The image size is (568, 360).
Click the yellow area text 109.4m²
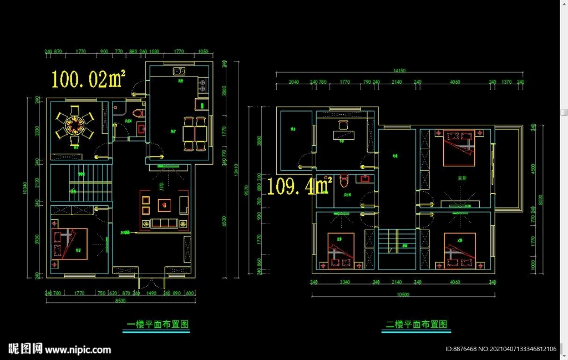300,186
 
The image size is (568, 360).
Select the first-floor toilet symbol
138,113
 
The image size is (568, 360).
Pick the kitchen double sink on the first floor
179,71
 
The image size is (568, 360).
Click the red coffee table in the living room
164,205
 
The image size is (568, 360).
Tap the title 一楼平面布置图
155,324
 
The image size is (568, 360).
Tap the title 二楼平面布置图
416,324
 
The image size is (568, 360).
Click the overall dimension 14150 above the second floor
399,71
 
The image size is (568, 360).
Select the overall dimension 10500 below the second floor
403,295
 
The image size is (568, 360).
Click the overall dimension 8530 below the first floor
120,301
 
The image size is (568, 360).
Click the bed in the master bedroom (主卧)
460,147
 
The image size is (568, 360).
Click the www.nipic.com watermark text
78,349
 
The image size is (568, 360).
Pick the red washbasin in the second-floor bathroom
366,179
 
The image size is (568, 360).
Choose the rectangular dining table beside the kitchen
195,134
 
